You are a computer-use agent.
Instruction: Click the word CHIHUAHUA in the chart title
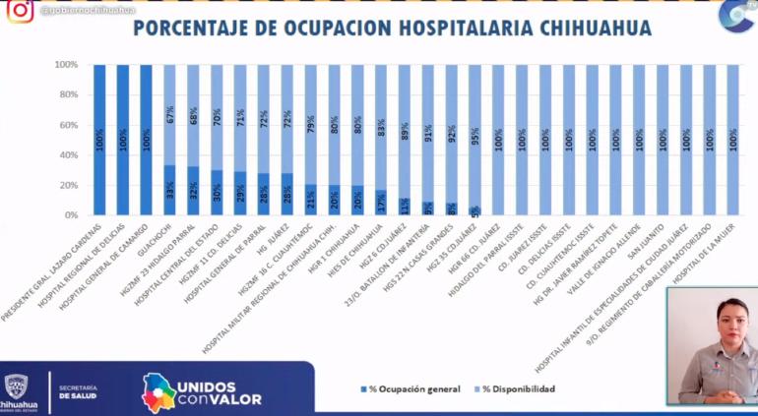click(x=585, y=28)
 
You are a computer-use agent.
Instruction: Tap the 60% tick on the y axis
click(x=66, y=125)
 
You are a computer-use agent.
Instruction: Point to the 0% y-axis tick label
click(x=69, y=214)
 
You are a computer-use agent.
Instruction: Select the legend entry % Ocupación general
click(x=411, y=389)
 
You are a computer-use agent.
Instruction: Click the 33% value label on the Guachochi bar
click(x=170, y=191)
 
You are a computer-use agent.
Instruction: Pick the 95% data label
click(x=475, y=137)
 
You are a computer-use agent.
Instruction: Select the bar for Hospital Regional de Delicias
click(x=123, y=139)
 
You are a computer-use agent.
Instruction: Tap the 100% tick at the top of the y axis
click(x=66, y=65)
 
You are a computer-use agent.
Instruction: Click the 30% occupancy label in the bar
click(x=217, y=192)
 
